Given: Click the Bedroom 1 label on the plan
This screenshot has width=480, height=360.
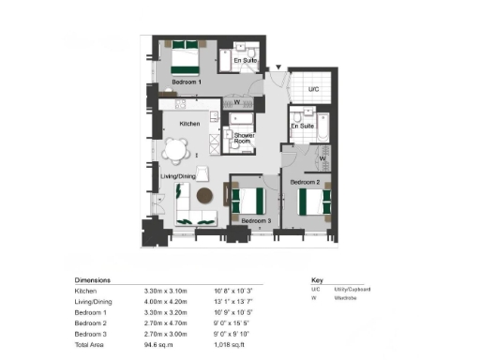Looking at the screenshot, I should point(187,82).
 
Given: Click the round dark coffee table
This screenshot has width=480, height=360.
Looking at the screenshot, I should point(204,194).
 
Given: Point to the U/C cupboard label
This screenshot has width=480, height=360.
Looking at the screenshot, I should point(314,89).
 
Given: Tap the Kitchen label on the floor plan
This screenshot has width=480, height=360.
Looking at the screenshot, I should point(190,124).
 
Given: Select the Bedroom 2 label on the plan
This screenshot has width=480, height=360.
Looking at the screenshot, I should point(306,181).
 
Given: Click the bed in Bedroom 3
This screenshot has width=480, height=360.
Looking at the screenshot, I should point(250,200).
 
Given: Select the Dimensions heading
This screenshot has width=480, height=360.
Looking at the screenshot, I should point(93,279).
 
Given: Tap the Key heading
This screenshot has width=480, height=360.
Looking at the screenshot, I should point(317,279).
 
